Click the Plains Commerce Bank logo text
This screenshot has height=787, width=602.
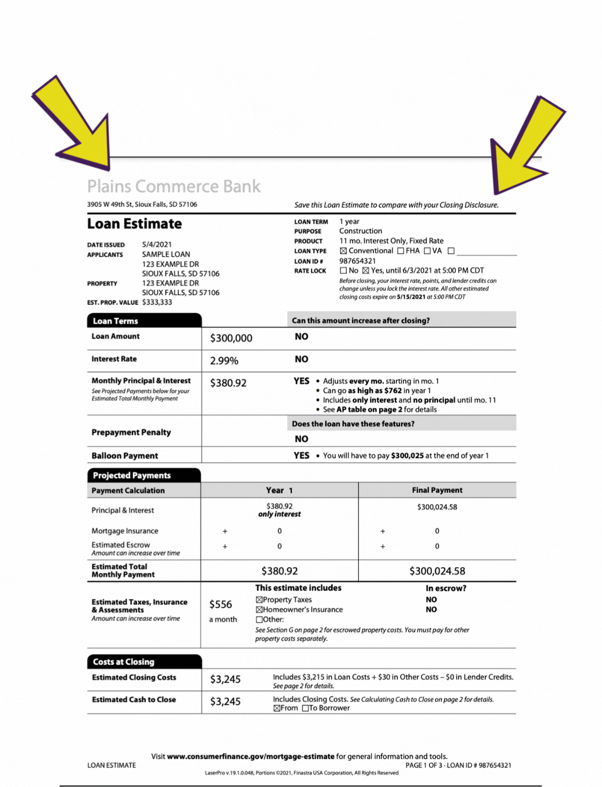tap(174, 186)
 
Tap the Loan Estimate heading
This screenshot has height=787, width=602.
tap(134, 224)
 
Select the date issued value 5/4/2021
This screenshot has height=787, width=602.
tap(157, 245)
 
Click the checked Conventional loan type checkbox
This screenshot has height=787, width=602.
tap(343, 251)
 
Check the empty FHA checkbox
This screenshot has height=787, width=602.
tap(401, 251)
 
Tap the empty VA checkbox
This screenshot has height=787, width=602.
tap(427, 251)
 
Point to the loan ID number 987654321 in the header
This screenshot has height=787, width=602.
tap(358, 261)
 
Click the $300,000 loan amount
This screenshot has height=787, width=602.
tap(231, 338)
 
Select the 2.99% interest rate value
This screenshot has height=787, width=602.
tap(224, 361)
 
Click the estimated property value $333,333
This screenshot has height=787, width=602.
tap(157, 302)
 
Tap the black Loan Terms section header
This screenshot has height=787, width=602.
tap(144, 321)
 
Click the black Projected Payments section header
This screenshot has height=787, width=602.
tap(144, 475)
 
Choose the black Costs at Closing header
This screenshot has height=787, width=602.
tap(144, 662)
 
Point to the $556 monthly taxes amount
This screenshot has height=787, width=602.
tap(220, 605)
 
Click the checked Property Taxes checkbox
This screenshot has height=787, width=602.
tap(259, 599)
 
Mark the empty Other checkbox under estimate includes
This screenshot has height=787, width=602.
tap(259, 620)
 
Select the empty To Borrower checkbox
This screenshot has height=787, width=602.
tap(305, 708)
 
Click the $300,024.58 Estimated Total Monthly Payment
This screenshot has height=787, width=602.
tap(437, 571)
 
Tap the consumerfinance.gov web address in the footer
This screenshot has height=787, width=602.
tap(251, 756)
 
